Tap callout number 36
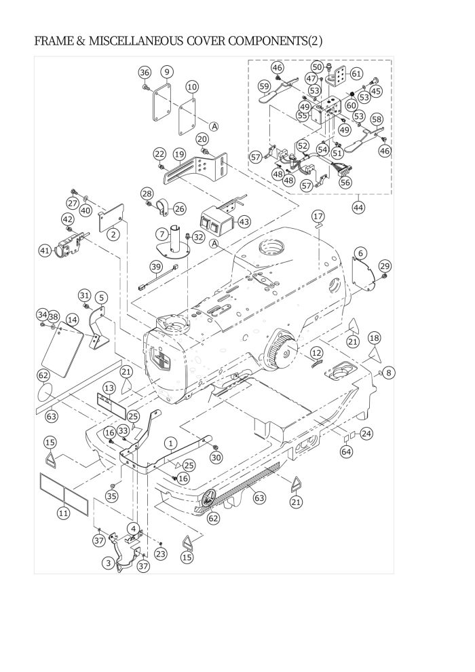click(x=145, y=73)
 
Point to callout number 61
click(x=356, y=74)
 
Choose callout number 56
click(x=345, y=183)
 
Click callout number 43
click(x=244, y=222)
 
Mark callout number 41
click(x=45, y=250)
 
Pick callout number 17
click(x=318, y=217)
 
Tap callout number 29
click(x=385, y=265)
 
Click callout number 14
click(x=72, y=320)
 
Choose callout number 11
click(x=63, y=513)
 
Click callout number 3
click(x=108, y=563)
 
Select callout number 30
click(x=216, y=458)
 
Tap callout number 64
click(x=346, y=451)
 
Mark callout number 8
click(x=388, y=373)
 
